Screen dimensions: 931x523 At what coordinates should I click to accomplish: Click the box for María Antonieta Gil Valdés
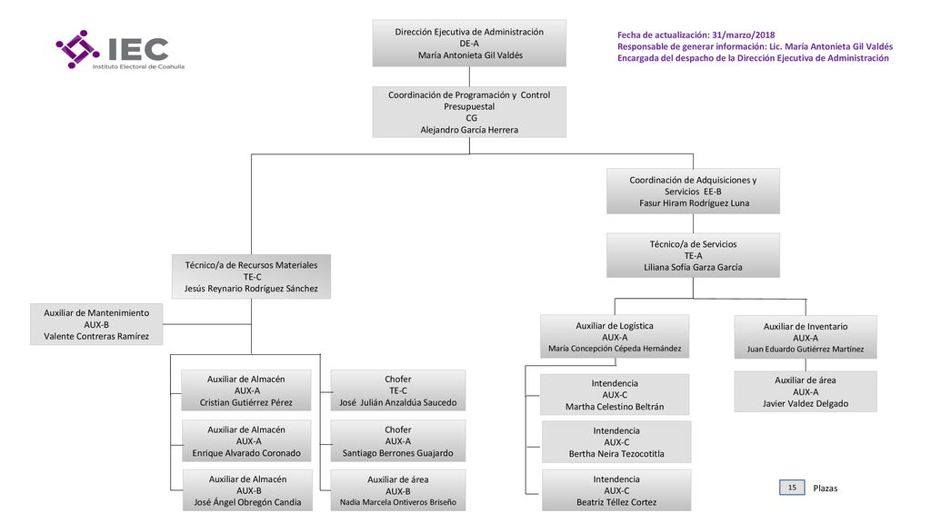pyautogui.click(x=469, y=44)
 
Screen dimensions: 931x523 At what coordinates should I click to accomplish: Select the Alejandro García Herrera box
pyautogui.click(x=469, y=112)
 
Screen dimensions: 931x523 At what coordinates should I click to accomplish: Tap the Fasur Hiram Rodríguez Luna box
pyautogui.click(x=693, y=191)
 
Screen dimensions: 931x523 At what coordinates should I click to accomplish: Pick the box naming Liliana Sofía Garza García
pyautogui.click(x=693, y=255)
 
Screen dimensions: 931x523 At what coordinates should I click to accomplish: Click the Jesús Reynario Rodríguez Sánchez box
pyautogui.click(x=251, y=276)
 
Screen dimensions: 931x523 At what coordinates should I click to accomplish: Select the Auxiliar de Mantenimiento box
pyautogui.click(x=96, y=324)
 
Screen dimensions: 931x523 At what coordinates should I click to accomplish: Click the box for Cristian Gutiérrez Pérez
pyautogui.click(x=245, y=390)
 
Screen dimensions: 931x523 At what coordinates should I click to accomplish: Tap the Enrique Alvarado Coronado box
pyautogui.click(x=246, y=441)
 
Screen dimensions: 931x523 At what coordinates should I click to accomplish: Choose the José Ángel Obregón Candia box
pyautogui.click(x=247, y=490)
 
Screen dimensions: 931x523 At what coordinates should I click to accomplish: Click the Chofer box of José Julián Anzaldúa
pyautogui.click(x=398, y=390)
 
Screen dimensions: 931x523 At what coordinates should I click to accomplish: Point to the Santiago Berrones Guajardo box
pyautogui.click(x=398, y=441)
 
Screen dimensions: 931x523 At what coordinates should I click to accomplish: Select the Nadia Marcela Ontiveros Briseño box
pyautogui.click(x=398, y=490)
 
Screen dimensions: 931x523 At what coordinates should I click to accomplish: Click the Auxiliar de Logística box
pyautogui.click(x=615, y=337)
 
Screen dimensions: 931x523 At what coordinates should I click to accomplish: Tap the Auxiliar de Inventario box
pyautogui.click(x=806, y=338)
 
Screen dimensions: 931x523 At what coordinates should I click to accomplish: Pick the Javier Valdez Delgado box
pyautogui.click(x=806, y=391)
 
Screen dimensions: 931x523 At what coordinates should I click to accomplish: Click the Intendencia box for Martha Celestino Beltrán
pyautogui.click(x=615, y=394)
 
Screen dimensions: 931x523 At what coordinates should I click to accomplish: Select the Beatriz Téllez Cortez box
pyautogui.click(x=616, y=490)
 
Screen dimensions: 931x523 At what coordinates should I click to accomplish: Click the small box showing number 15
pyautogui.click(x=792, y=488)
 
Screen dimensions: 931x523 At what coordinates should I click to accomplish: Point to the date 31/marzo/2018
pyautogui.click(x=743, y=35)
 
